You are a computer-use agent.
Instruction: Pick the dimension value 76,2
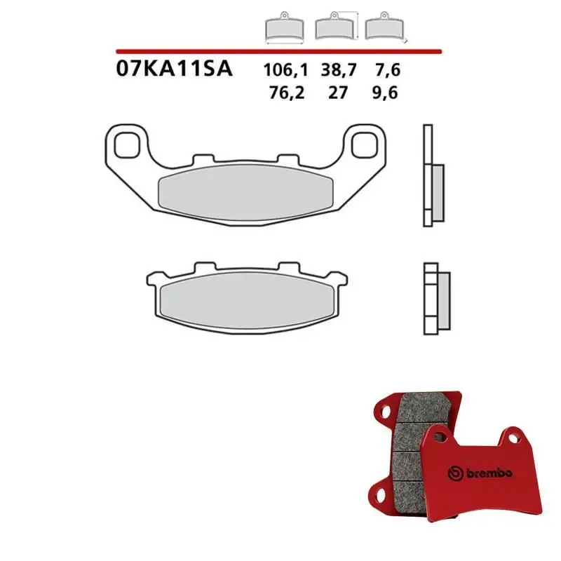coord(285,93)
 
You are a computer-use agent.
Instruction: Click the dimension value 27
coord(338,93)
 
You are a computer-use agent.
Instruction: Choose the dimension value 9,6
coord(386,93)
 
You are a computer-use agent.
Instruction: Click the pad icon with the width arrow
coord(285,29)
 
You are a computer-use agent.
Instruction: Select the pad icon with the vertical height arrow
coord(334,28)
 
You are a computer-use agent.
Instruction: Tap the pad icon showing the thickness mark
coord(381,28)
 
